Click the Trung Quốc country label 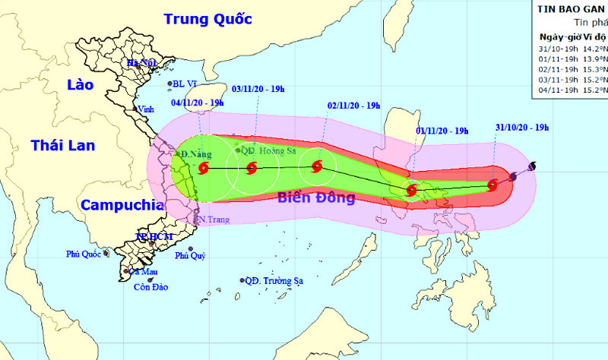tap(208, 18)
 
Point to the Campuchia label tap(122, 204)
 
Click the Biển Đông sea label tap(316, 199)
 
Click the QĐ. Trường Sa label tap(274, 280)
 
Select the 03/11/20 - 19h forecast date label tap(258, 90)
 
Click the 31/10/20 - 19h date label tap(521, 127)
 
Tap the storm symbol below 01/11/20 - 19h tap(411, 190)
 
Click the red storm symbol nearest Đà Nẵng tap(203, 169)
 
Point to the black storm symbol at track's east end tap(531, 166)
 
